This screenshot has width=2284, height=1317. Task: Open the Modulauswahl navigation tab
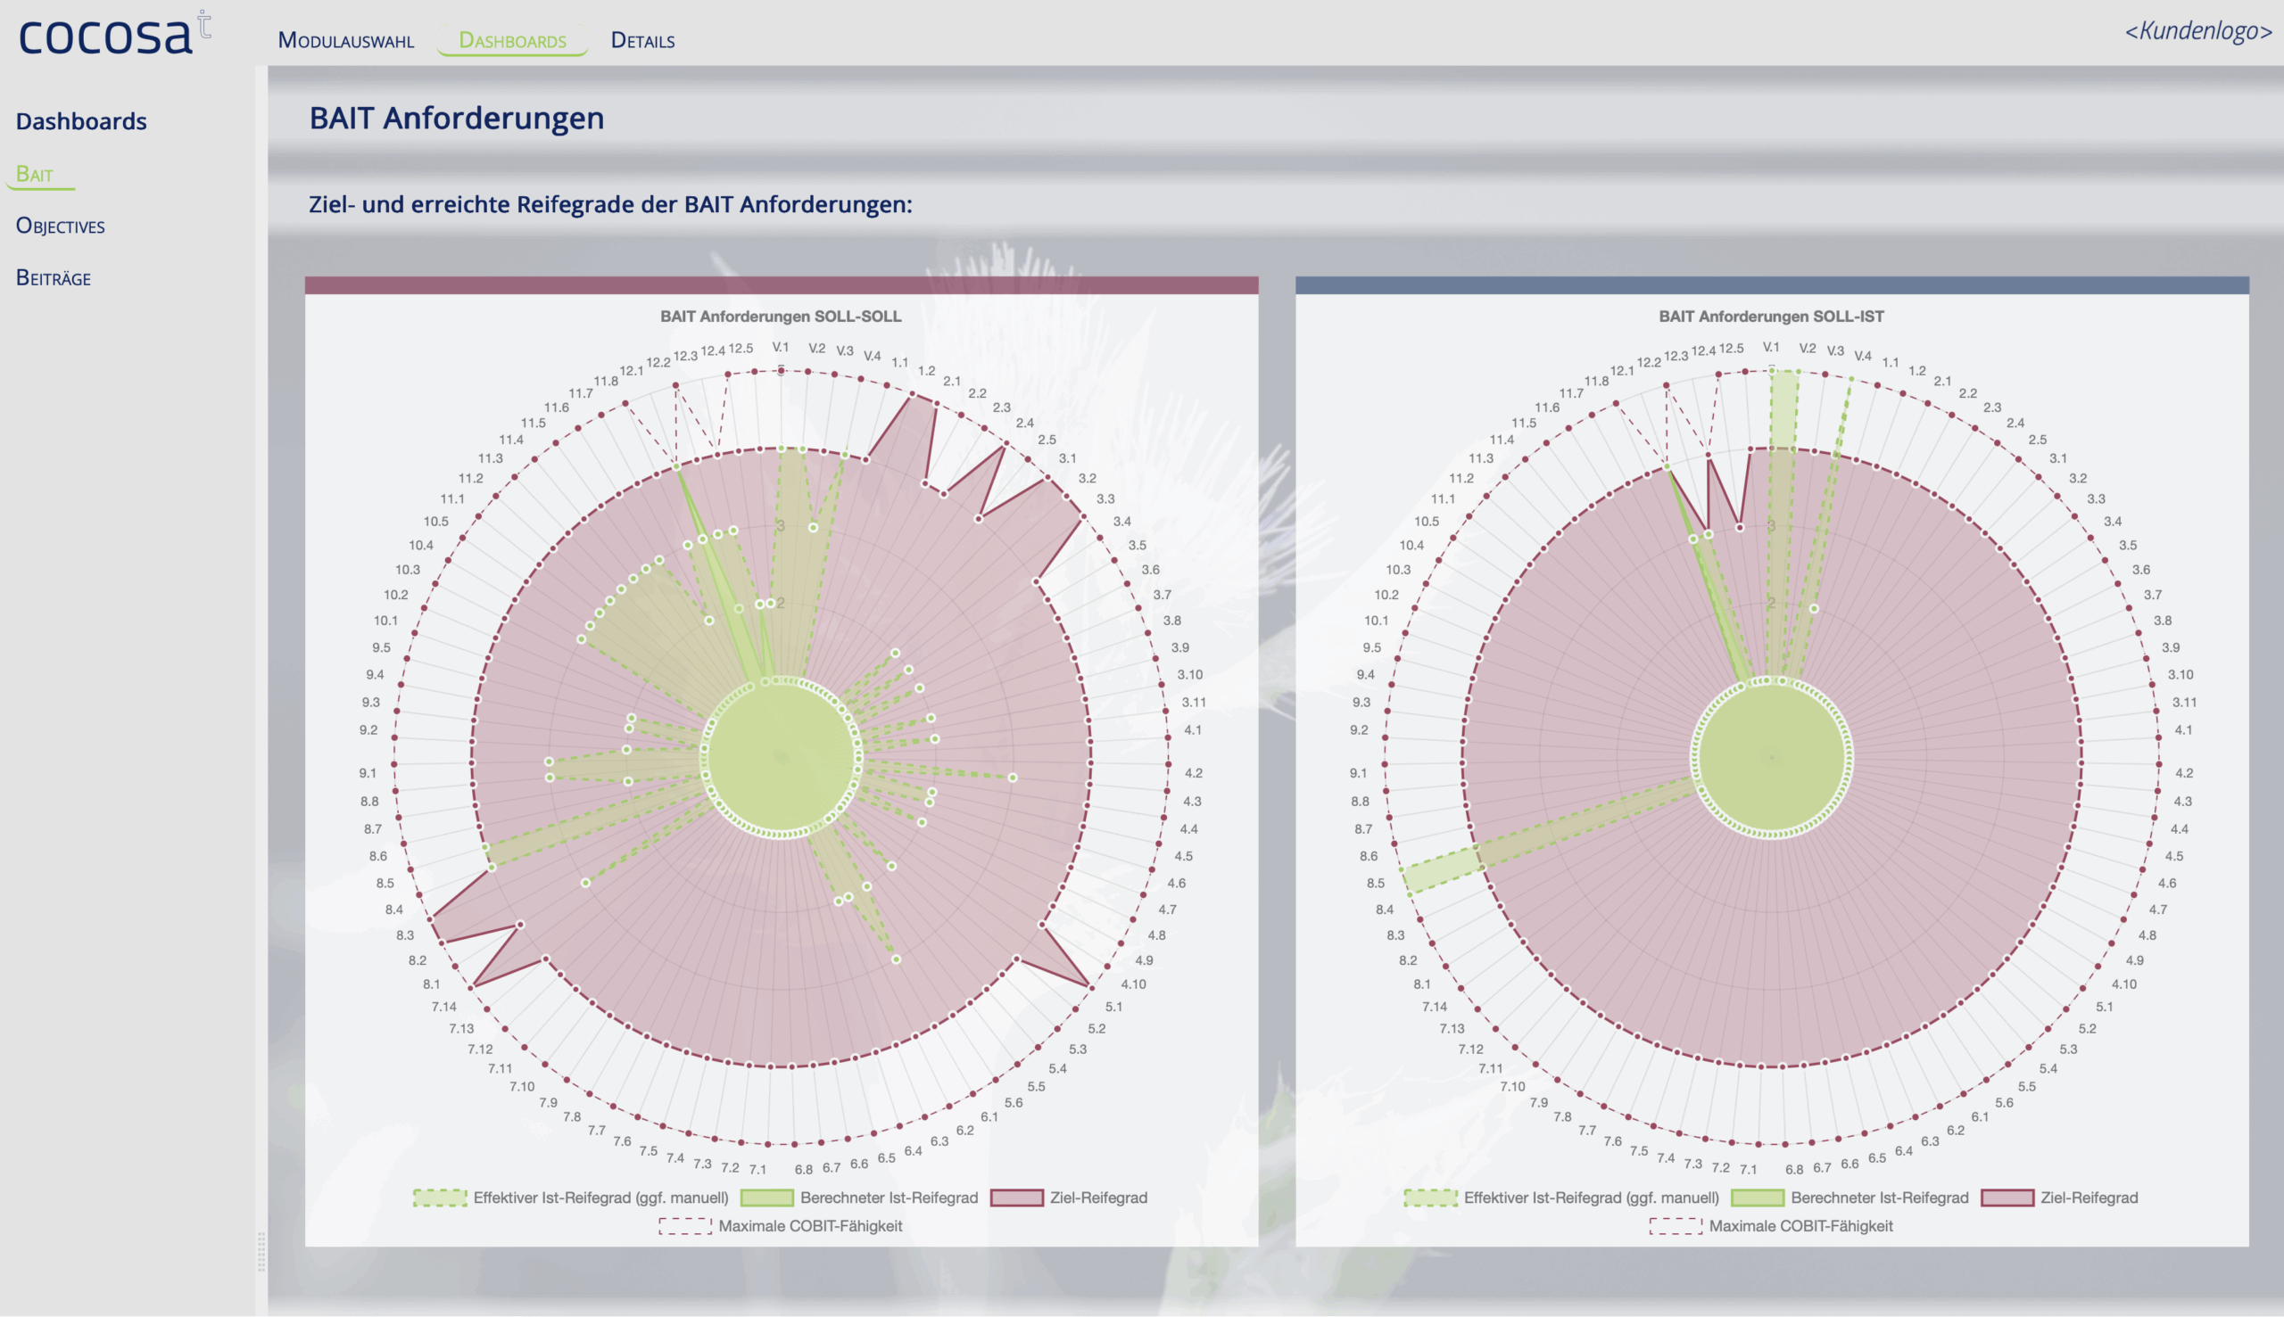pyautogui.click(x=345, y=41)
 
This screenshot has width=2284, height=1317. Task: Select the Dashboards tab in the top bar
pyautogui.click(x=512, y=41)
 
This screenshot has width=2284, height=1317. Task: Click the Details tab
pyautogui.click(x=642, y=41)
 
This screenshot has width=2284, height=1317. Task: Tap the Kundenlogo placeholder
pyautogui.click(x=2198, y=30)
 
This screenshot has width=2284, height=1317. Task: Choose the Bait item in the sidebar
pyautogui.click(x=35, y=174)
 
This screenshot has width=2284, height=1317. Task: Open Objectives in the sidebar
pyautogui.click(x=61, y=226)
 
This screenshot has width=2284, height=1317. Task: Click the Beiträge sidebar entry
pyautogui.click(x=54, y=277)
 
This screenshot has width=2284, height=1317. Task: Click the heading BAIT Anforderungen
pyautogui.click(x=456, y=119)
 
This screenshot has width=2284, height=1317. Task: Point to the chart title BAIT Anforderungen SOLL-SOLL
pyautogui.click(x=780, y=317)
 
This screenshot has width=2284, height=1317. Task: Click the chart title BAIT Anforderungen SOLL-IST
pyautogui.click(x=1771, y=317)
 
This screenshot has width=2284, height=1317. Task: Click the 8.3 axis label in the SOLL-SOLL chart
pyautogui.click(x=404, y=935)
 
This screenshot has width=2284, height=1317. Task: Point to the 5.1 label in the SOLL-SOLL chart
pyautogui.click(x=1113, y=1007)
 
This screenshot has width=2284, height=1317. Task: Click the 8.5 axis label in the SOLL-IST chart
pyautogui.click(x=1376, y=883)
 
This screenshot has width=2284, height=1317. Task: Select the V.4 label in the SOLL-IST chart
pyautogui.click(x=1862, y=357)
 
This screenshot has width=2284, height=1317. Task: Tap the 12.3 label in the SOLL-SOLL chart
pyautogui.click(x=685, y=357)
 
